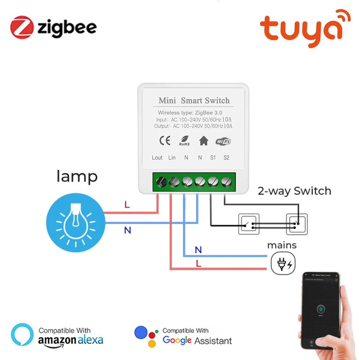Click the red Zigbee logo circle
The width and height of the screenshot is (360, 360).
tap(22, 27)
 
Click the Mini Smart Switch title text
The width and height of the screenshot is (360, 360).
tap(194, 100)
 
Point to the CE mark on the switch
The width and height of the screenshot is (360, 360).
tap(165, 141)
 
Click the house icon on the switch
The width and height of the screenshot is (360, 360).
tap(204, 141)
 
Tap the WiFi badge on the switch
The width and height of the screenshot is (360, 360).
tap(223, 141)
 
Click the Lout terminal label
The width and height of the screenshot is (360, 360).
tap(157, 158)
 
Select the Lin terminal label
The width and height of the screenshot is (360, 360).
tap(172, 158)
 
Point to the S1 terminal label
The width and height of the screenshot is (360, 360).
tap(213, 158)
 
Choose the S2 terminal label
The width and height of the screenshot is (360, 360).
tap(226, 158)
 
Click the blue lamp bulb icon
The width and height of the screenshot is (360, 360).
tap(76, 221)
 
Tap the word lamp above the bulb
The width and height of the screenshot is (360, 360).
tap(77, 177)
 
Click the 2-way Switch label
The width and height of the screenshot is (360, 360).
tap(294, 191)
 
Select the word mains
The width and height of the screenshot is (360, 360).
tap(282, 246)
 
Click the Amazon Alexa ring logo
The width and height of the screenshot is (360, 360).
tap(22, 334)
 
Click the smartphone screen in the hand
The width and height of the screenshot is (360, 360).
tap(320, 310)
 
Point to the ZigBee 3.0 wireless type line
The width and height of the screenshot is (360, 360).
tap(190, 113)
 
